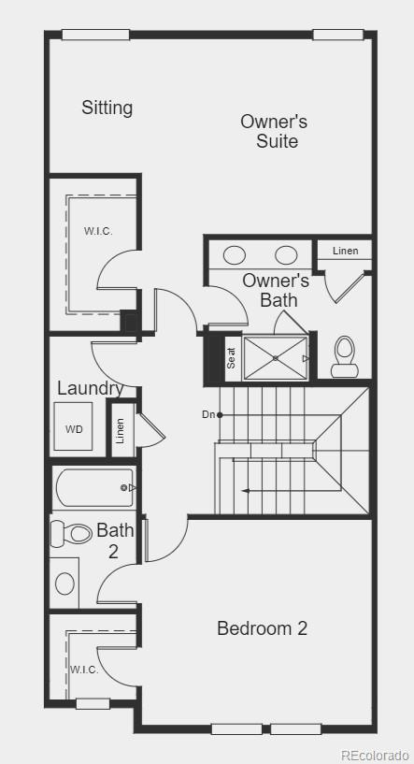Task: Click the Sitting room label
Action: [x=107, y=108]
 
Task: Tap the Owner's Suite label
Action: [x=274, y=131]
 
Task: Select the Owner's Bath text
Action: [x=276, y=290]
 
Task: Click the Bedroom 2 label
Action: [x=262, y=628]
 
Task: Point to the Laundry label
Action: [x=90, y=388]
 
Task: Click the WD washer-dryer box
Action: [x=73, y=428]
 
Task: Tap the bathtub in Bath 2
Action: [x=93, y=487]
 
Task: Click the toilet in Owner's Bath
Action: [x=344, y=354]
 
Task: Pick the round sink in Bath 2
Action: [x=64, y=584]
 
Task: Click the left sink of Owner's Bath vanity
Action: [x=235, y=254]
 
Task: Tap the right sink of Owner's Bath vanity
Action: [x=286, y=254]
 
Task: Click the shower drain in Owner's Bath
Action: [x=276, y=357]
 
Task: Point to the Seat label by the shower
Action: [x=231, y=358]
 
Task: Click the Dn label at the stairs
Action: [x=208, y=414]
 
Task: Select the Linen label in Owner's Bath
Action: [x=345, y=251]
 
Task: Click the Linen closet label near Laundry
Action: [x=120, y=429]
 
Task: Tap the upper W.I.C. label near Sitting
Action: [x=98, y=231]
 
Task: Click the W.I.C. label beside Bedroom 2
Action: [x=83, y=670]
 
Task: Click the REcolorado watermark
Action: [x=375, y=755]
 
